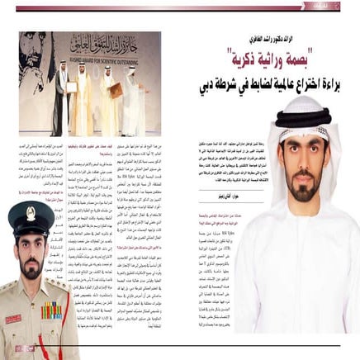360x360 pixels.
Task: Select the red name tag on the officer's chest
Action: (14, 315)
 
